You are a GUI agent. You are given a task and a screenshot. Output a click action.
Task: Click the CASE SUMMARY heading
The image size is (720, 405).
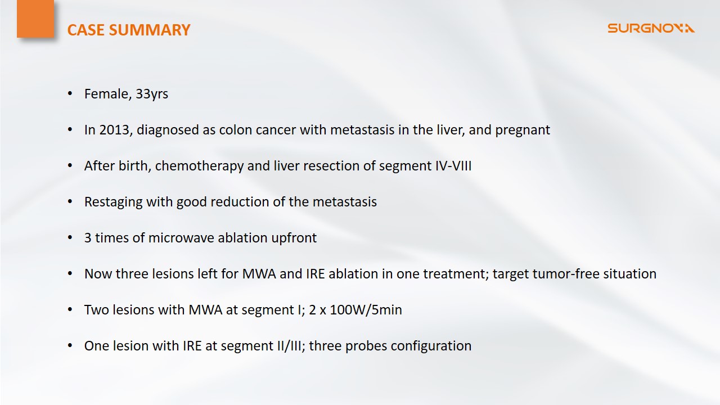129,30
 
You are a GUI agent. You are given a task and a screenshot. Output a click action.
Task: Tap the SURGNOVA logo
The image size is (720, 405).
651,28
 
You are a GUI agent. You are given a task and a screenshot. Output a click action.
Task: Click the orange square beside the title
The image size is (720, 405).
35,19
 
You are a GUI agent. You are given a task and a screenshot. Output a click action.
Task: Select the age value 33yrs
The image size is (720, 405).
152,94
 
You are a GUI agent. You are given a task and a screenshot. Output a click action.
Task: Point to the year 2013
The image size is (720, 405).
114,130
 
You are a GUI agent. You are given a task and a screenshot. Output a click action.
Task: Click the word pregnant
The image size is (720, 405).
523,130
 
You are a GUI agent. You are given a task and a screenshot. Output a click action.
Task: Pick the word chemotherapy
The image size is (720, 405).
199,166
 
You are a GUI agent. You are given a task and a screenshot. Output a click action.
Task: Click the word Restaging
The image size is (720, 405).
114,202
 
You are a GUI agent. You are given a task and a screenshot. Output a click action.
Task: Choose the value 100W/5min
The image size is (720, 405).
366,310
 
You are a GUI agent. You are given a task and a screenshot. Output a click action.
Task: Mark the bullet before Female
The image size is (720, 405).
70,94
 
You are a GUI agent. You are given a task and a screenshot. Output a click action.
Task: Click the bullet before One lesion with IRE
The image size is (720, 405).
70,346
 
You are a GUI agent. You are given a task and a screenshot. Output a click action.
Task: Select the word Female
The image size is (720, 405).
108,94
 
